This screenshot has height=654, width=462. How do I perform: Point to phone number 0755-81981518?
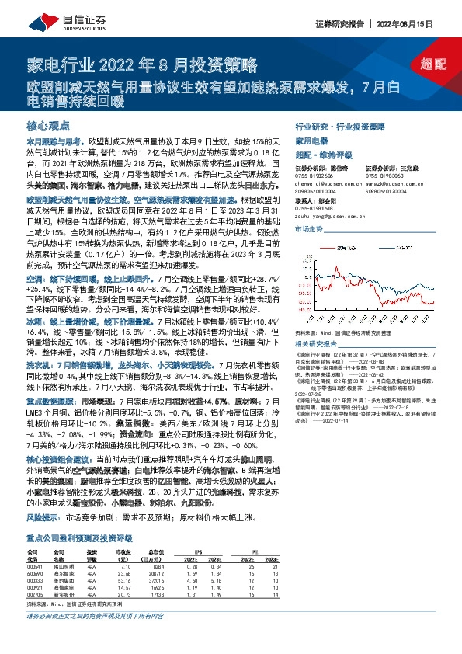click(314, 208)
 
